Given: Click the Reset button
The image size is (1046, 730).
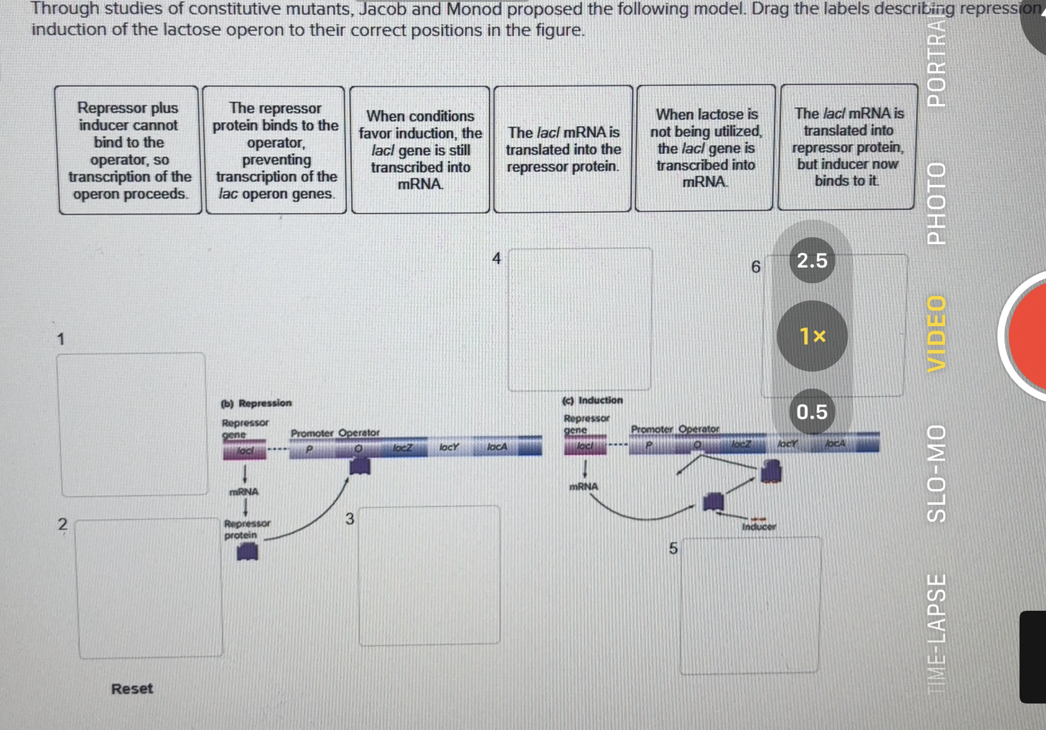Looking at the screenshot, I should tap(132, 688).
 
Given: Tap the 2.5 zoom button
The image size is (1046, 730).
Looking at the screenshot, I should tap(811, 260).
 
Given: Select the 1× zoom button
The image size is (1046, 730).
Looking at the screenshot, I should tap(812, 336).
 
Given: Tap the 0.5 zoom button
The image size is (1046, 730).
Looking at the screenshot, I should tap(811, 412).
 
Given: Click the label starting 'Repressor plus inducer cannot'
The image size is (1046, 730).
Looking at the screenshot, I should tap(129, 151).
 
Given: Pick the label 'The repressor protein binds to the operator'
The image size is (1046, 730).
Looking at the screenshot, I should tap(276, 151).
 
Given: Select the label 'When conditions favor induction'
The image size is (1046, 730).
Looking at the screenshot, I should tap(420, 150).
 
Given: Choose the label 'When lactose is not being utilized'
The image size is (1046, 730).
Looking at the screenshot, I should tap(705, 148).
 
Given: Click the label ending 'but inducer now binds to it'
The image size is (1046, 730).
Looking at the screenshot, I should tap(847, 147).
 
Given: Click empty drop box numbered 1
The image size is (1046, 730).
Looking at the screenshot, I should tap(132, 424).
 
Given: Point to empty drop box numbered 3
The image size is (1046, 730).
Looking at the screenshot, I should tap(429, 575).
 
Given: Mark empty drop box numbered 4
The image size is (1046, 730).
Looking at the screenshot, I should tap(579, 319).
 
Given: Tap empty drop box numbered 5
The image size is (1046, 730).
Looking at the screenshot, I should tap(750, 605).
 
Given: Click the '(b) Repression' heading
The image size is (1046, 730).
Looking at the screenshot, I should tap(256, 403).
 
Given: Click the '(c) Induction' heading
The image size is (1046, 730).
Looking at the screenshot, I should tap(592, 400).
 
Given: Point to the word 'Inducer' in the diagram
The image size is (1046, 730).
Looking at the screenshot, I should tap(758, 527).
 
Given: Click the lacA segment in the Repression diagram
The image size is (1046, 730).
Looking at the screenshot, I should tap(497, 447).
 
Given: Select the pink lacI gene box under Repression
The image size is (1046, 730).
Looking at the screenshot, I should tap(245, 450).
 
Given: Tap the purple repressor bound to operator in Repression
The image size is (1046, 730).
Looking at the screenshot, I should tap(359, 466).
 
